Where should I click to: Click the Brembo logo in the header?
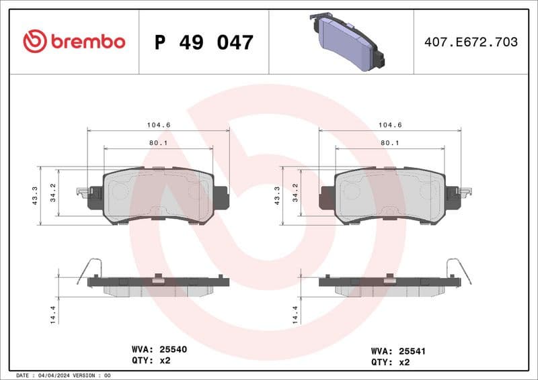[74, 42]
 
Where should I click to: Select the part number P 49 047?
[204, 42]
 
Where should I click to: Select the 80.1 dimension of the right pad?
[389, 143]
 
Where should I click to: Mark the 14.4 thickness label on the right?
[295, 314]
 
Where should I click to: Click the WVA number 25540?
[173, 350]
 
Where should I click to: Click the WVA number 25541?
[412, 350]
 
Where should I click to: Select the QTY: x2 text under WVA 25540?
[152, 361]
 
